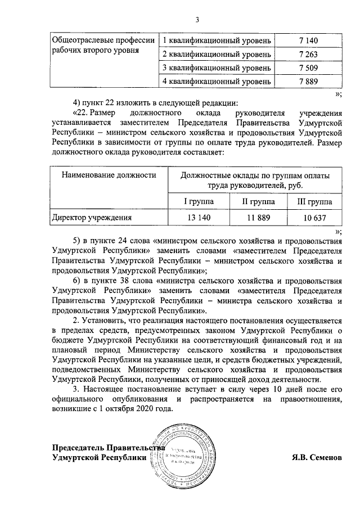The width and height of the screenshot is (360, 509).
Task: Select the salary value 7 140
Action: pyautogui.click(x=308, y=41)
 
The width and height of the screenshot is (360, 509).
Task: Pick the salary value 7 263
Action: pyautogui.click(x=308, y=55)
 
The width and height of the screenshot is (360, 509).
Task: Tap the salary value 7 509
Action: pyautogui.click(x=308, y=68)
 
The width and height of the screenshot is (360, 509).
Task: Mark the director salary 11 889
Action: pyautogui.click(x=258, y=217)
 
